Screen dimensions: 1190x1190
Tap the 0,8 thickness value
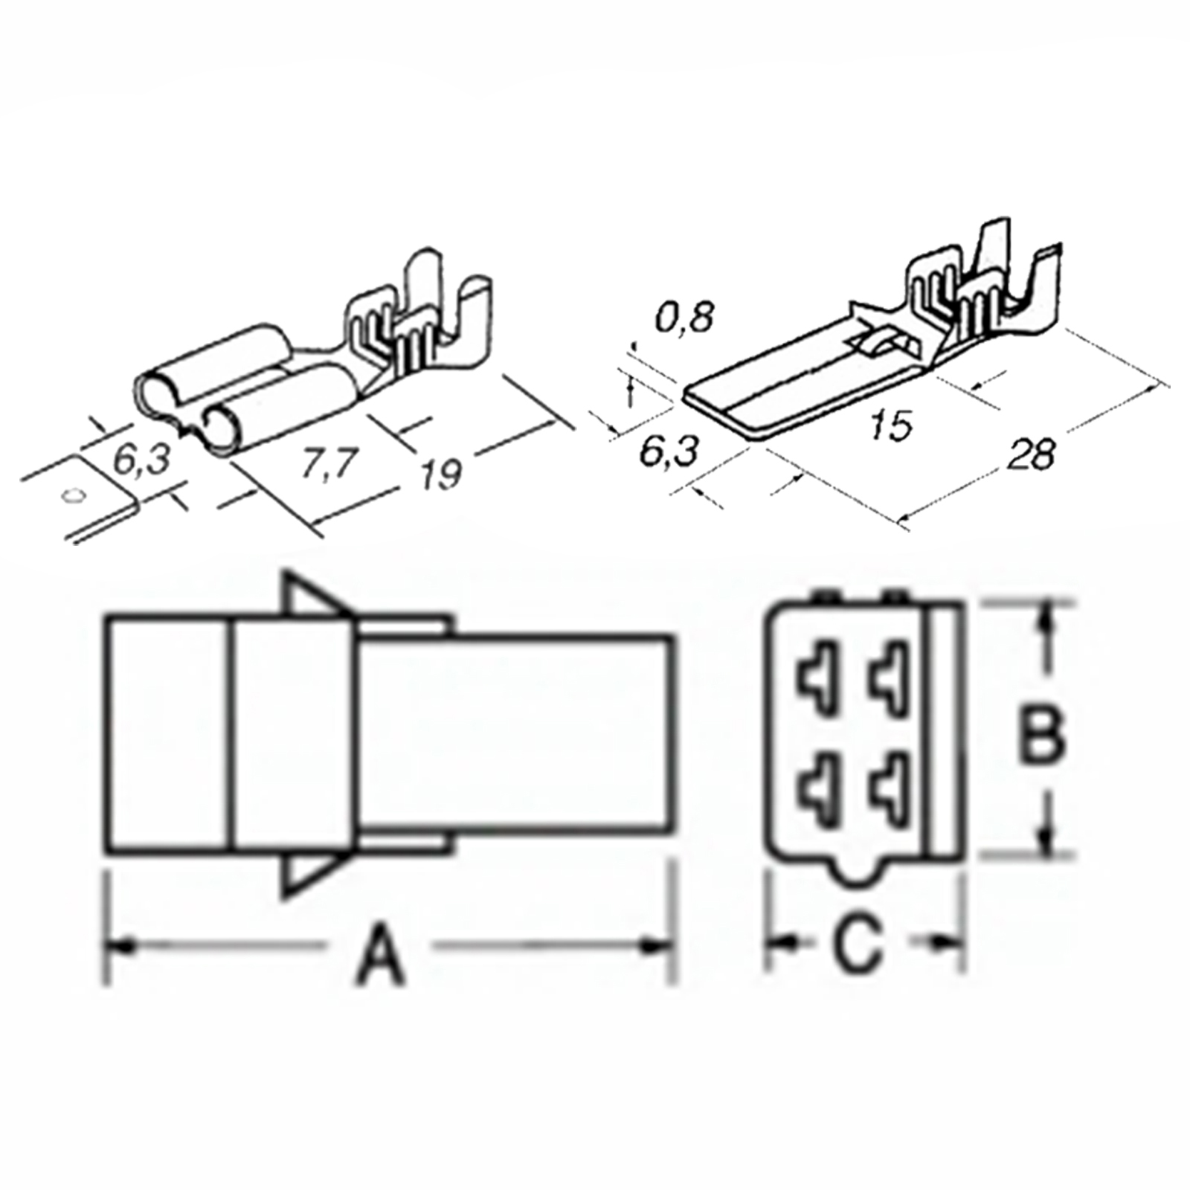pyautogui.click(x=684, y=316)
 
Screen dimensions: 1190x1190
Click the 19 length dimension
pyautogui.click(x=441, y=474)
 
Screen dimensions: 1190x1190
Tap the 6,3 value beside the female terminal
pyautogui.click(x=141, y=460)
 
